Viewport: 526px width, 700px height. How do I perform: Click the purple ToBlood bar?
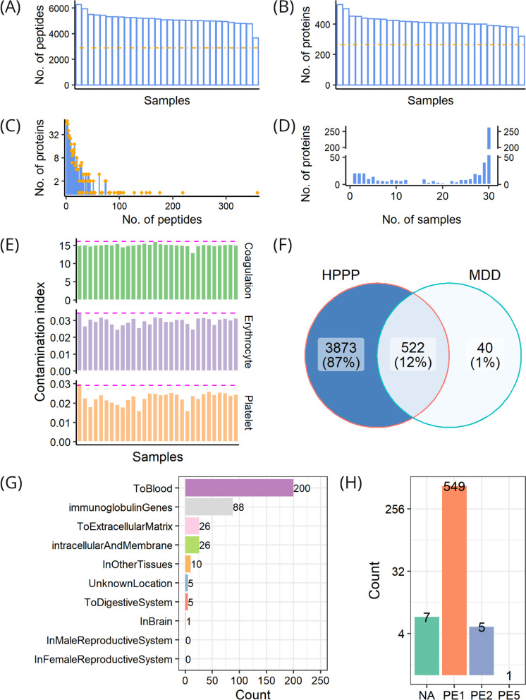click(239, 488)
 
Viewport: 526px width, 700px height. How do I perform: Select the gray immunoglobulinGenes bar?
click(209, 507)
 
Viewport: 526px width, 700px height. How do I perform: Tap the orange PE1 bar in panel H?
click(454, 580)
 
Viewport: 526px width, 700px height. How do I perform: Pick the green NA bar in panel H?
click(427, 646)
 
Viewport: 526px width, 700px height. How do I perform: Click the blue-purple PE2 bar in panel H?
click(482, 651)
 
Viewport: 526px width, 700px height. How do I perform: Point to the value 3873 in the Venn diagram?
click(341, 347)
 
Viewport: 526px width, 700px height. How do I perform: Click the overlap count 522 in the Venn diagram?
click(412, 347)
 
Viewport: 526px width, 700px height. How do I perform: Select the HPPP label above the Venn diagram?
click(341, 275)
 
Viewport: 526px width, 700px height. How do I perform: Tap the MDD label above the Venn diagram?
click(484, 275)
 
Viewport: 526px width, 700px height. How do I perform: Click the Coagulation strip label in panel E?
click(248, 270)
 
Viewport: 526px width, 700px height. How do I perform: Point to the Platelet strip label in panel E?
click(248, 413)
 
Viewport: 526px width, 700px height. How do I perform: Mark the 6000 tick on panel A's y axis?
click(59, 8)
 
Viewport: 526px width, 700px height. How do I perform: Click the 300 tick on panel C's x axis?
click(226, 206)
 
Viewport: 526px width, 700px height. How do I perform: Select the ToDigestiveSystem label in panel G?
click(128, 602)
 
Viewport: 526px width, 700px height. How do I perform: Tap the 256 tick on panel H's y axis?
click(395, 509)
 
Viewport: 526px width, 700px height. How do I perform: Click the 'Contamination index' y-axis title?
click(40, 342)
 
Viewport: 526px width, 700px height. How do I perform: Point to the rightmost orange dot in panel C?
click(257, 193)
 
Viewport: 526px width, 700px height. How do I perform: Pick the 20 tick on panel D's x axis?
click(442, 196)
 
